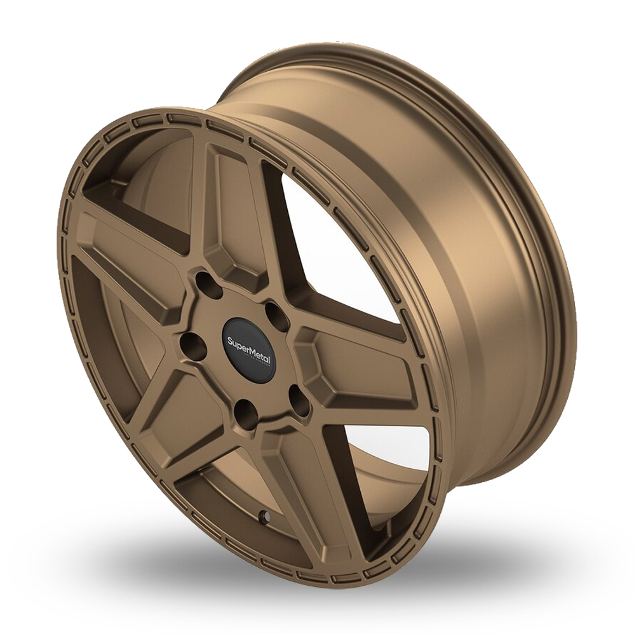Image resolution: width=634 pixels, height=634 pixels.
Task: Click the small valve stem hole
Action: tap(262, 517)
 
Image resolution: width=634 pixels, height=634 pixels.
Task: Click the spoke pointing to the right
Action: tap(362, 368)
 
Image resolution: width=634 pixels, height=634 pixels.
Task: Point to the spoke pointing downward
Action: tap(305, 489)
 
